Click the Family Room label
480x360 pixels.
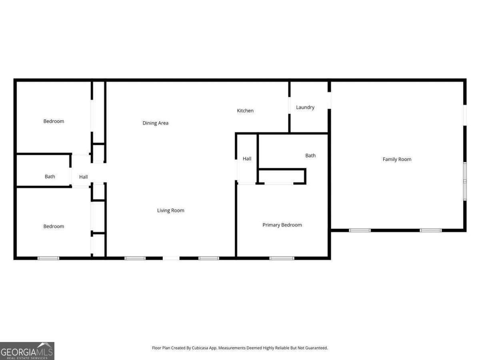pos(397,159)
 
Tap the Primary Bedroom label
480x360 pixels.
pos(282,225)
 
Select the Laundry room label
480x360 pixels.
pos(305,107)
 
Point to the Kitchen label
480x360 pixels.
pos(245,110)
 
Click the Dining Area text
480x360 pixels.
pos(156,123)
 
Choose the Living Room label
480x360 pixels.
pos(170,210)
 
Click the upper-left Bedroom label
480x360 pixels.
pos(54,121)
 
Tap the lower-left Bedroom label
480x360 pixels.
pos(54,226)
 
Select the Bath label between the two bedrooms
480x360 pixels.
pos(50,176)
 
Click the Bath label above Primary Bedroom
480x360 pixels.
pos(310,156)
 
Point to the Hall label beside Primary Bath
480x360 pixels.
pos(247,159)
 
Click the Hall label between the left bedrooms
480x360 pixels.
pos(83,177)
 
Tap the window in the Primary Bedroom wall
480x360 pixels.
pos(282,258)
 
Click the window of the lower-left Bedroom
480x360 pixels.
pos(48,258)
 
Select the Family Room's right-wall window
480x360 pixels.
pos(465,181)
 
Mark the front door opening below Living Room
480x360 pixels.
pos(171,258)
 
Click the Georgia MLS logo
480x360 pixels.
pos(27,351)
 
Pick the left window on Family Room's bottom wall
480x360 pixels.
pos(360,230)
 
